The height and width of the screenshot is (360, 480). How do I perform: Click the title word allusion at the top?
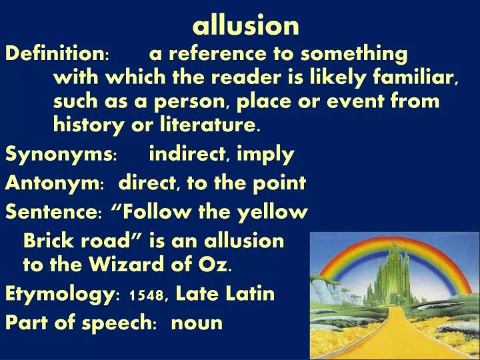(245, 25)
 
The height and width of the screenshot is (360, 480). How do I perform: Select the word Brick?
(47, 240)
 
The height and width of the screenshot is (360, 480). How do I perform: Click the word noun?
(197, 323)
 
